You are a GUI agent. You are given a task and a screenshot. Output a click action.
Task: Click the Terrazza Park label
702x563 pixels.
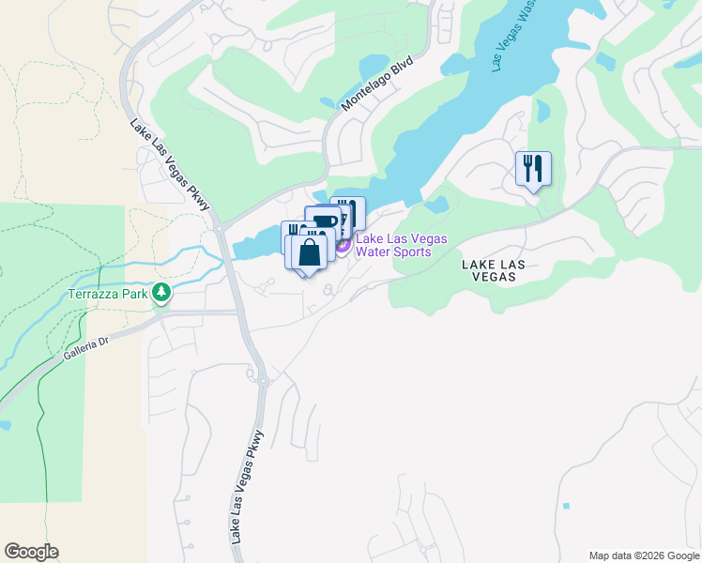click(109, 294)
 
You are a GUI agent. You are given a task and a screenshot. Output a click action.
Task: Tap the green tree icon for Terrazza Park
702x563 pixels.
click(163, 293)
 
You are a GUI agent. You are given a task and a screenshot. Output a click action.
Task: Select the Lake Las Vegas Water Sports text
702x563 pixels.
click(401, 246)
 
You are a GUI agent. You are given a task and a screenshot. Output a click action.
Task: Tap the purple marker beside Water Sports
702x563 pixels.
click(343, 246)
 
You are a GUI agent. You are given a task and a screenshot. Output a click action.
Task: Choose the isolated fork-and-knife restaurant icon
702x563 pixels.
click(533, 169)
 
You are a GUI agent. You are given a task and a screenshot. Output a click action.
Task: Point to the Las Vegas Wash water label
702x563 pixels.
click(513, 38)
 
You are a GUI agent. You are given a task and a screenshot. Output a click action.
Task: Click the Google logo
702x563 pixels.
click(31, 552)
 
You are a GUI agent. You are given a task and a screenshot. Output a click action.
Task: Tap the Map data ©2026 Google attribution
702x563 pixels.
click(644, 555)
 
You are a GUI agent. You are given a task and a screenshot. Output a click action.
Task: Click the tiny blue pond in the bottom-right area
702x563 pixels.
click(566, 506)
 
